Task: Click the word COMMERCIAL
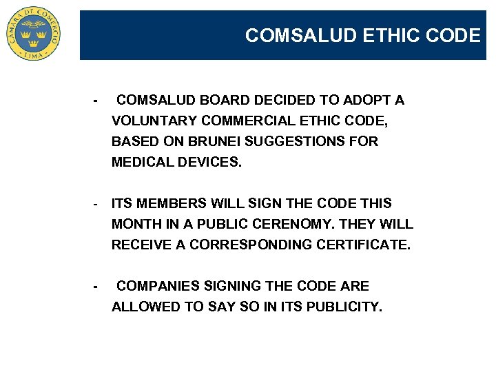point(249,121)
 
